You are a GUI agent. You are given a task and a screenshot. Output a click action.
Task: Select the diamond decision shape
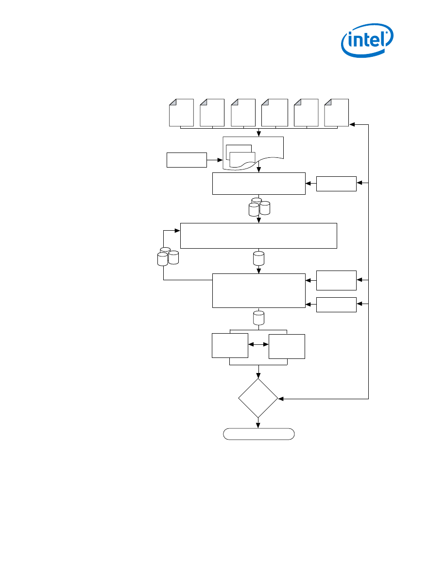(x=258, y=398)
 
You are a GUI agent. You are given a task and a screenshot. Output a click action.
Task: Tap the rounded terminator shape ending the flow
(x=258, y=434)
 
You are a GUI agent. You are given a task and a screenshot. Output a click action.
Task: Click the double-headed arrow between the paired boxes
(x=258, y=344)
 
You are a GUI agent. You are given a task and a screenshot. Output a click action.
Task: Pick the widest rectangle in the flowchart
(x=258, y=236)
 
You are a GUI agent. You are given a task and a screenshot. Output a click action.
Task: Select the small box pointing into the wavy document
(x=187, y=159)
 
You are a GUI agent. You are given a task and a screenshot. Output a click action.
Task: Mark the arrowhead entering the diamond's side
(x=280, y=398)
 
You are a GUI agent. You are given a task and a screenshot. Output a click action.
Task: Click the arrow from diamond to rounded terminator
(x=258, y=423)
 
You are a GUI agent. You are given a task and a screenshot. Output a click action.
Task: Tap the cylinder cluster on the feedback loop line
(x=168, y=256)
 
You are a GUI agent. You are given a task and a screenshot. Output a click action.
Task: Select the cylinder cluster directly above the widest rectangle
(x=258, y=207)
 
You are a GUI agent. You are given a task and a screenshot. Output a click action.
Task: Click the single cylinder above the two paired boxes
(x=258, y=318)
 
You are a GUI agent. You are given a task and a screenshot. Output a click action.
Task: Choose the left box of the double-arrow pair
(x=230, y=345)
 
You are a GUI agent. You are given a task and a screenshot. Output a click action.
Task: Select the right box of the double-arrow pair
(x=287, y=346)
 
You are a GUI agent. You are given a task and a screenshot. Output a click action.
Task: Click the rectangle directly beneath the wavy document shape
(x=258, y=183)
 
